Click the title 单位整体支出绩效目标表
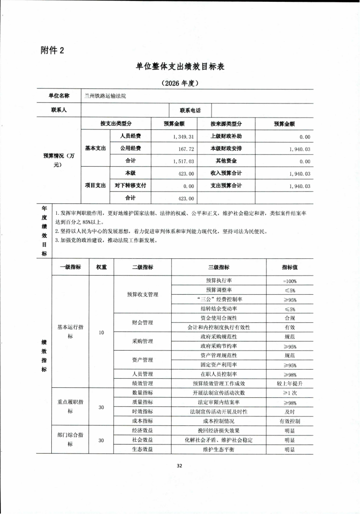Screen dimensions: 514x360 coord(180,66)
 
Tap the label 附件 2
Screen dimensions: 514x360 coord(53,50)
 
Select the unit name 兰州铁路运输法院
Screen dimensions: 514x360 coord(105,96)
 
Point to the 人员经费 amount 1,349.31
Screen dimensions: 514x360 coord(183,137)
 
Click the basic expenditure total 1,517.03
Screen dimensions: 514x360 coord(183,161)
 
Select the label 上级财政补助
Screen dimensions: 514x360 coord(226,136)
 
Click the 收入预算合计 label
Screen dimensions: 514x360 coord(226,173)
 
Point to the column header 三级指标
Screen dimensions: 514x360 coord(219,267)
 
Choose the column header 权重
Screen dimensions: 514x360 coord(101,267)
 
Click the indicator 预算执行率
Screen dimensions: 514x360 coord(219,281)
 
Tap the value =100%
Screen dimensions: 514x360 coord(290,281)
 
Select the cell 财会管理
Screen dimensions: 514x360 coord(142,323)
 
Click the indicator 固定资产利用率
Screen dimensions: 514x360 coord(219,365)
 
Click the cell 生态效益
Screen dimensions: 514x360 coord(142,449)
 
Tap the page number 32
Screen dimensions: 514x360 coord(179,466)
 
